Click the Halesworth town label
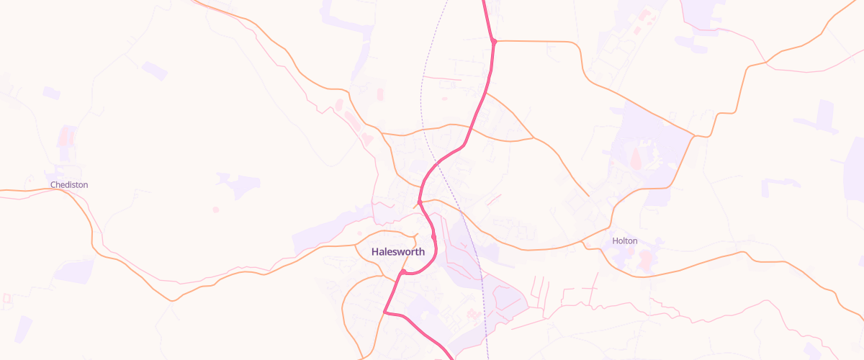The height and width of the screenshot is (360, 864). [x=398, y=252]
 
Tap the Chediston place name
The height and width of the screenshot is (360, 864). [x=69, y=185]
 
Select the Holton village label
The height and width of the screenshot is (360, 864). [x=624, y=241]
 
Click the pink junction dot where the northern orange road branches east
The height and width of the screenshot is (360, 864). [x=494, y=41]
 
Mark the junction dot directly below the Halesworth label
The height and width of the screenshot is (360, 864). [x=401, y=272]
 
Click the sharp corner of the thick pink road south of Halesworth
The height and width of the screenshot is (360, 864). [x=385, y=312]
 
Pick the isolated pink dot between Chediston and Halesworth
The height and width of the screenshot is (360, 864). [x=215, y=210]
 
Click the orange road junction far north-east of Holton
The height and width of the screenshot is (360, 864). [x=693, y=135]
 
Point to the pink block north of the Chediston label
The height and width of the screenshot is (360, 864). [x=66, y=136]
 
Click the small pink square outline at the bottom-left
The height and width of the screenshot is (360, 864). [x=7, y=297]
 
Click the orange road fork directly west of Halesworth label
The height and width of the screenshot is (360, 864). [x=358, y=249]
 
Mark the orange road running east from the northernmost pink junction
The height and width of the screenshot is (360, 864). [x=540, y=42]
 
